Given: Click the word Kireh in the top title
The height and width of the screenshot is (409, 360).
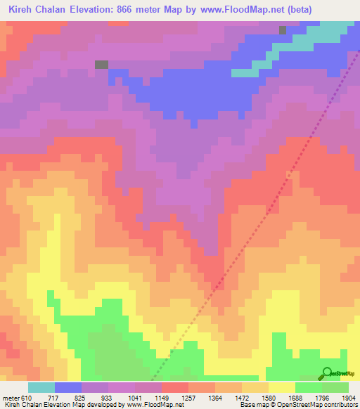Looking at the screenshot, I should tap(22, 9).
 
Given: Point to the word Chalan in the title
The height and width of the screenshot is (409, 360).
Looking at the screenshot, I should tap(57, 9).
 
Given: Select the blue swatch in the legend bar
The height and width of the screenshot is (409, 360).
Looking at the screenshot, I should tap(68, 387).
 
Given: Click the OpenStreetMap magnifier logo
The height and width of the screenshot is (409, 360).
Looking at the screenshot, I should tap(326, 372).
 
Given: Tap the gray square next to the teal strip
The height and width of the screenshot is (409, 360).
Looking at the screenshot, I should tap(283, 30).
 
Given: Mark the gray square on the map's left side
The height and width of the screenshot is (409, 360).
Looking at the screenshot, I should tap(101, 64).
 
